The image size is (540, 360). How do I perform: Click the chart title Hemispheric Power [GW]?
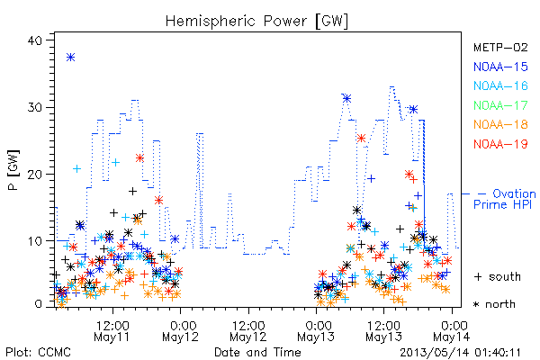coord(256,21)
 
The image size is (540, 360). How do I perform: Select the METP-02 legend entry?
coord(500,47)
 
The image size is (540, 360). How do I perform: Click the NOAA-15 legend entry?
coord(500,67)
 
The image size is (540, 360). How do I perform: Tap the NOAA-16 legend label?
coord(500,85)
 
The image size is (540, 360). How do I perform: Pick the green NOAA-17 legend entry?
coord(500,105)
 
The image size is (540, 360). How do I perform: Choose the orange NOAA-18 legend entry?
coord(500,124)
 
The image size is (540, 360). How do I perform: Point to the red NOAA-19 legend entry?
coord(500,144)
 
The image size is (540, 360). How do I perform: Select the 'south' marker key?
coord(498,276)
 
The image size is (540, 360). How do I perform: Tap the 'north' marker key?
coord(494,304)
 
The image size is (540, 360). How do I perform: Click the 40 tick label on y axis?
coord(34,40)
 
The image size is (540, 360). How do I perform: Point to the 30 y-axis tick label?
coord(34,107)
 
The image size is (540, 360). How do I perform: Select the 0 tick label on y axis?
coord(38,304)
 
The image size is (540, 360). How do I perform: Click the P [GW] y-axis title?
coord(13,169)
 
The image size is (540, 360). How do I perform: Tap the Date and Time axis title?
coord(257,353)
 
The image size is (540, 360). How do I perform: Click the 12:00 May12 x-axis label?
coord(248,331)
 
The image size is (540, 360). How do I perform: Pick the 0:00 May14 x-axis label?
coord(451,331)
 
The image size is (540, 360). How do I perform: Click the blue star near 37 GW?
coord(70,58)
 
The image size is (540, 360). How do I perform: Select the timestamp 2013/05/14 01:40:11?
coord(460,353)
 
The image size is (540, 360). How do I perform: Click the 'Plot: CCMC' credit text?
coord(38,353)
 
